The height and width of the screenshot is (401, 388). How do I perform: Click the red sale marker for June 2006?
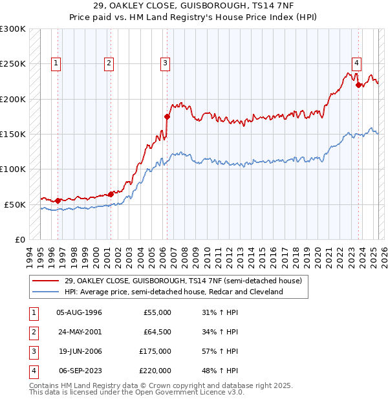[x=167, y=117]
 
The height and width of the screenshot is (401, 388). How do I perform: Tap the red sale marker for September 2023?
[x=358, y=85]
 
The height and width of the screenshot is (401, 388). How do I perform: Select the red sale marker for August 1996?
[x=58, y=200]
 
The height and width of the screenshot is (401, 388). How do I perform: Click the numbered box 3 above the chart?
[x=166, y=63]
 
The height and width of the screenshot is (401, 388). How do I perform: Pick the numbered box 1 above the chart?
[x=56, y=63]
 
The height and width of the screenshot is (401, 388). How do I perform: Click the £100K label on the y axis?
[x=13, y=169]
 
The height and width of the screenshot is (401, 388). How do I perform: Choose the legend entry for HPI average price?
[x=173, y=292]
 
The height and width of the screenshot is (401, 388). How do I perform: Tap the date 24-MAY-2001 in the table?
[x=80, y=332]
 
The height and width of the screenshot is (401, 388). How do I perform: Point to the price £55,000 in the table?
[x=157, y=312]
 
